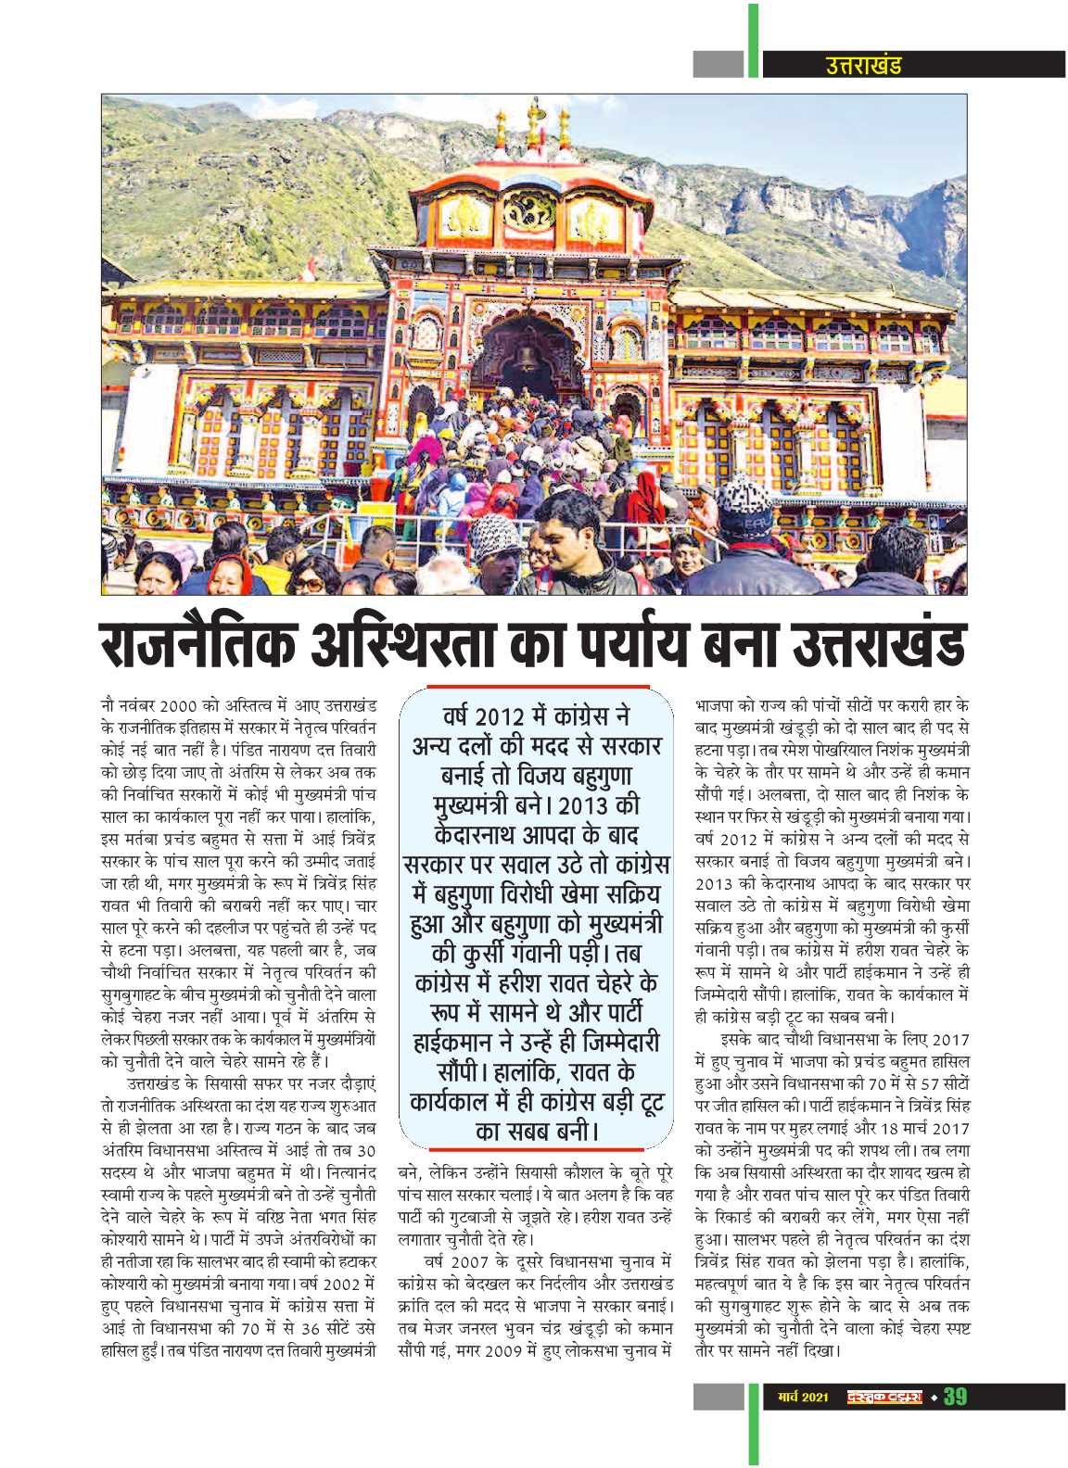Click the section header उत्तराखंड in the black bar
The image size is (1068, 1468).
862,65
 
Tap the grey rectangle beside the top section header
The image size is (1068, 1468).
718,64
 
